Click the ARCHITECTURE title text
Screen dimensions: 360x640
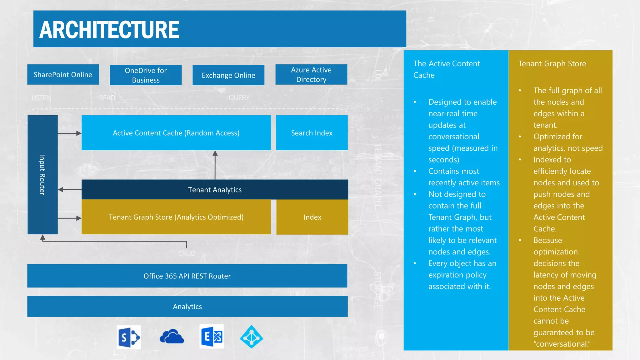coord(109,30)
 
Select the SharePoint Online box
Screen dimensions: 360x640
coord(63,75)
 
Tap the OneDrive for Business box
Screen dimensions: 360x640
coord(146,75)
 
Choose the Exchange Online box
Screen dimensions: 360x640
coord(228,75)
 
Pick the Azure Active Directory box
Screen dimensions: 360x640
coord(311,75)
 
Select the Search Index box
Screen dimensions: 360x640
coord(312,133)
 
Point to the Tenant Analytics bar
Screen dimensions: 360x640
coord(215,190)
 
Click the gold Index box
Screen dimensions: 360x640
coord(312,217)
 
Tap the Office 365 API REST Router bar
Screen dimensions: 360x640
coord(187,276)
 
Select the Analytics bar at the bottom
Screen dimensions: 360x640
coord(187,307)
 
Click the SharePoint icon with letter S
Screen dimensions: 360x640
coord(129,337)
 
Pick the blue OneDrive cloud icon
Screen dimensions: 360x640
coord(172,337)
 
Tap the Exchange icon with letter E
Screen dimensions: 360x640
coord(212,337)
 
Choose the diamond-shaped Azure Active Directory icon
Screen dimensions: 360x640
coord(252,337)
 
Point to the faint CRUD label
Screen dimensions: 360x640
coord(187,253)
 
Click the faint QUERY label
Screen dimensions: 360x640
coord(239,98)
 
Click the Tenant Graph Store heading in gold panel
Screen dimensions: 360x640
coord(552,64)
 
